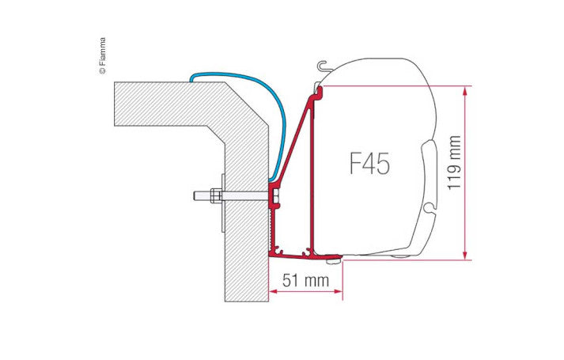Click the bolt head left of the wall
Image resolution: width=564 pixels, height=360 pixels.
coord(195,195)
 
